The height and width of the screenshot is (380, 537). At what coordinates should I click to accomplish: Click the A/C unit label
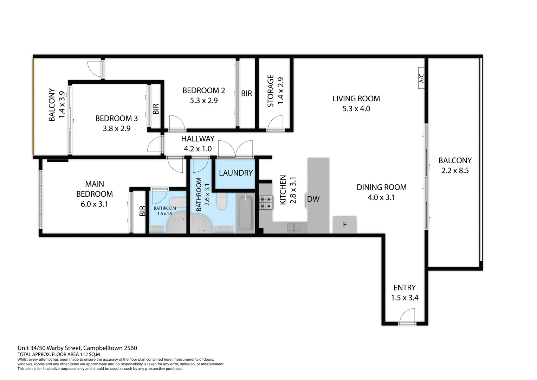422,78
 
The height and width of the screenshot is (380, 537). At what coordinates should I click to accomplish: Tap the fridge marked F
345,224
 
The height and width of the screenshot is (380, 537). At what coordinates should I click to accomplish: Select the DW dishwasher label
313,199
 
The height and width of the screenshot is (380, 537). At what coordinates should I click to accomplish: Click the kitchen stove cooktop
266,203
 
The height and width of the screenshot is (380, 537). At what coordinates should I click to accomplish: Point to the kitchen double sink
294,227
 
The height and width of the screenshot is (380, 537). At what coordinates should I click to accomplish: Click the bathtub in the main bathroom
245,213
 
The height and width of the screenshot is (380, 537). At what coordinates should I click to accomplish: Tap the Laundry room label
235,173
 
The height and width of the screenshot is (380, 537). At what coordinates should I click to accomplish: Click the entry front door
407,317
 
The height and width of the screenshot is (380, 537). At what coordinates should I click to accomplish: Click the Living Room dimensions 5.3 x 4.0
356,109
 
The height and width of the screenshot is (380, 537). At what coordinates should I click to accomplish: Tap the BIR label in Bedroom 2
246,94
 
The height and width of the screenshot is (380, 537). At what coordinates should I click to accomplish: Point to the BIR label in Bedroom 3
156,109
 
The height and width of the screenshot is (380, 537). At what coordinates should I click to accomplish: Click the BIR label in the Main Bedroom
142,211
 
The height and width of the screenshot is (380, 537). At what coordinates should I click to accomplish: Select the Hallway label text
198,139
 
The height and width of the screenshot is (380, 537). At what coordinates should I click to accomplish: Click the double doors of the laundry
235,149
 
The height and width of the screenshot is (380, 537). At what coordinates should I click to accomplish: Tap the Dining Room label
381,187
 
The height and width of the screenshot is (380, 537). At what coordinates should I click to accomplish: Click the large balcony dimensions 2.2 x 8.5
455,171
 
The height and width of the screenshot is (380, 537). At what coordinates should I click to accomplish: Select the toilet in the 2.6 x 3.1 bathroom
222,202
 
